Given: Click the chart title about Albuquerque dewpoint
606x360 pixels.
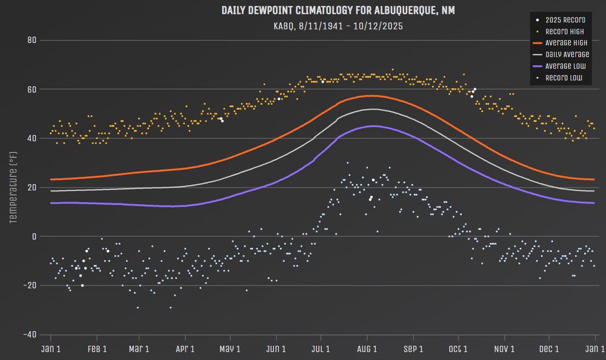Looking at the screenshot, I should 338,11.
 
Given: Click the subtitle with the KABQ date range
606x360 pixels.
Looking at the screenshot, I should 338,26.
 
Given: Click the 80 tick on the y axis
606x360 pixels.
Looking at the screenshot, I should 32,41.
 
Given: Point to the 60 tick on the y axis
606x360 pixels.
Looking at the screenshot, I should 32,90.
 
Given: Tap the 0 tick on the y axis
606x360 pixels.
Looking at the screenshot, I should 34,236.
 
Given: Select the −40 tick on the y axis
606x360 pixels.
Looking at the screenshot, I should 29,335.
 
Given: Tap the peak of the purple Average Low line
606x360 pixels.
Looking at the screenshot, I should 374,126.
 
